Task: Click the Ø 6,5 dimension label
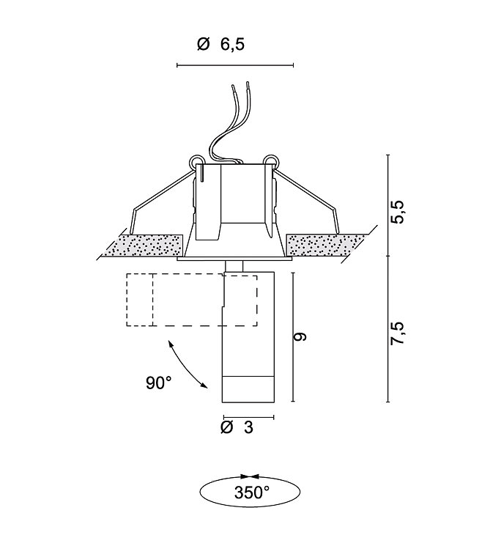point(220,45)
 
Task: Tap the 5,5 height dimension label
point(397,211)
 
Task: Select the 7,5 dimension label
point(397,333)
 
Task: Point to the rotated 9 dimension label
point(300,336)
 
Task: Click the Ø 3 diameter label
point(237,427)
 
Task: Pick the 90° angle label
point(159,383)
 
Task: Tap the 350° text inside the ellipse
point(251,492)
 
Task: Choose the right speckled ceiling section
point(326,246)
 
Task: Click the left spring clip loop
point(196,161)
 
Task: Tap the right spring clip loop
point(271,161)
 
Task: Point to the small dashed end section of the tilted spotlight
point(140,300)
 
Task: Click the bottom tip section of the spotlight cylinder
point(248,389)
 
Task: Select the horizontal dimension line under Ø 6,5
point(235,65)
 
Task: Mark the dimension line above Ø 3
point(249,417)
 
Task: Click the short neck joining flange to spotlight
point(234,266)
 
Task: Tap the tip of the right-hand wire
point(248,83)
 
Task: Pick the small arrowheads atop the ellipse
point(250,476)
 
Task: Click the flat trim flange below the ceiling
point(234,259)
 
